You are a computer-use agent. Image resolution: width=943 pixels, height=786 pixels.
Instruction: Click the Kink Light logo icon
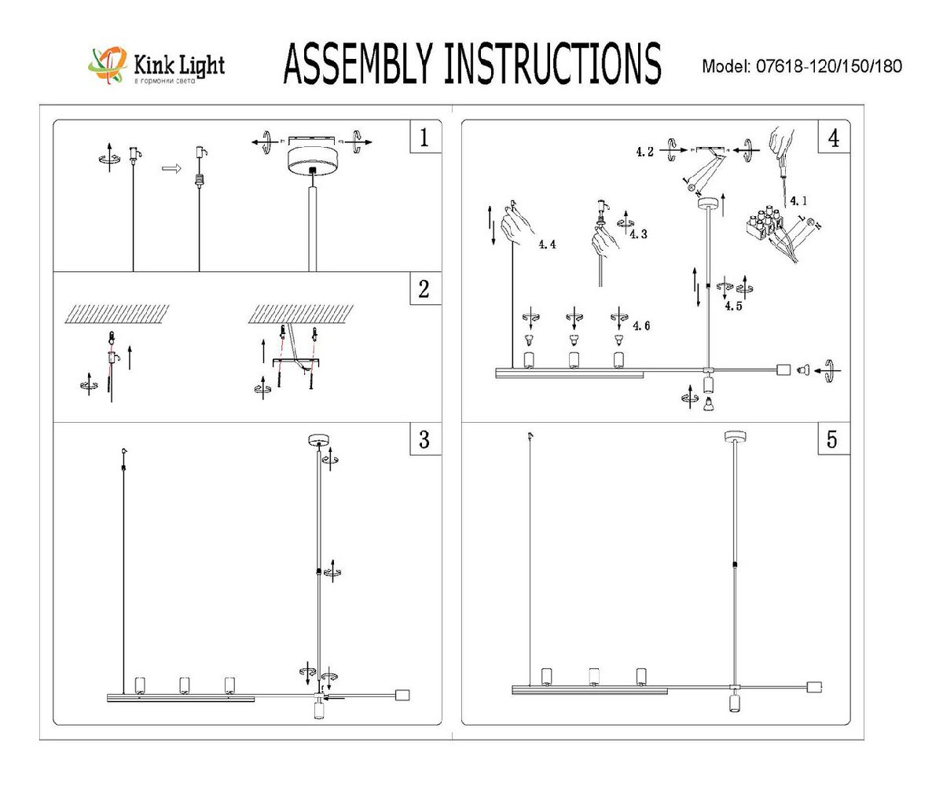(x=108, y=65)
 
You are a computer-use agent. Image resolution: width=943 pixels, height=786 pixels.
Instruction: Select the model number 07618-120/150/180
(x=828, y=66)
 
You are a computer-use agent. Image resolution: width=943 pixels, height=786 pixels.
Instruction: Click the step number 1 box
(x=424, y=139)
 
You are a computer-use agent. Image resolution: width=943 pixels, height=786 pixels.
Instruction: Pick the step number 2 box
(x=424, y=289)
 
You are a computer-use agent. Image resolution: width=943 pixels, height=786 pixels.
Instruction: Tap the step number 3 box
(x=424, y=439)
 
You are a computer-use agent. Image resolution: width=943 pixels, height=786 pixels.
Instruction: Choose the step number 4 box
(x=833, y=138)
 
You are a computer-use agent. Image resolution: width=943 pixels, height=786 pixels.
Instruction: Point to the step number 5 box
(x=832, y=439)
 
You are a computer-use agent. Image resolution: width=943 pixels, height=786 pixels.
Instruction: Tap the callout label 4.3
(x=638, y=234)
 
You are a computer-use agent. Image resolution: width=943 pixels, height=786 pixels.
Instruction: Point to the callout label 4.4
(x=547, y=244)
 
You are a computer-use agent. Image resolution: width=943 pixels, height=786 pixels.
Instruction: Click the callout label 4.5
(x=734, y=306)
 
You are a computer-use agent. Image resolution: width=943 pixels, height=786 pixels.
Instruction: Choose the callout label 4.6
(x=641, y=325)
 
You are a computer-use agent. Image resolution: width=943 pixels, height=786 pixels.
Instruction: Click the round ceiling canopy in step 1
(x=312, y=160)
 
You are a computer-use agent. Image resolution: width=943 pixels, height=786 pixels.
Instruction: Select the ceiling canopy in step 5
(x=734, y=436)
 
